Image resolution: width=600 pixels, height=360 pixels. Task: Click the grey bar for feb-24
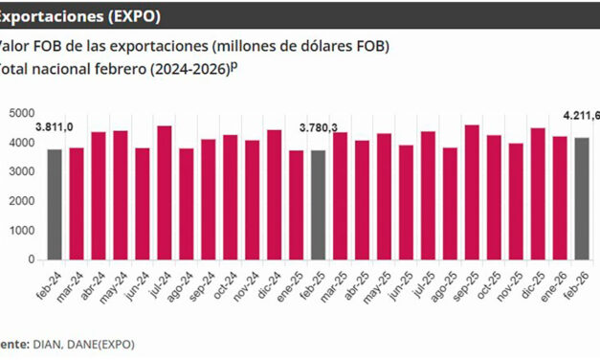[x=55, y=204]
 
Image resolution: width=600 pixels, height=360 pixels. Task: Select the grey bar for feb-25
[x=318, y=204]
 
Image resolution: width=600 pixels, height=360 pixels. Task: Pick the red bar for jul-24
[x=165, y=192]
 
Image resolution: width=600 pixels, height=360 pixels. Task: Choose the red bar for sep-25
[x=472, y=191]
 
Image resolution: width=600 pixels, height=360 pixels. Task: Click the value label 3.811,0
[x=55, y=126]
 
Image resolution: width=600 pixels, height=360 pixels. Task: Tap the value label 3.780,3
[x=319, y=127]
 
